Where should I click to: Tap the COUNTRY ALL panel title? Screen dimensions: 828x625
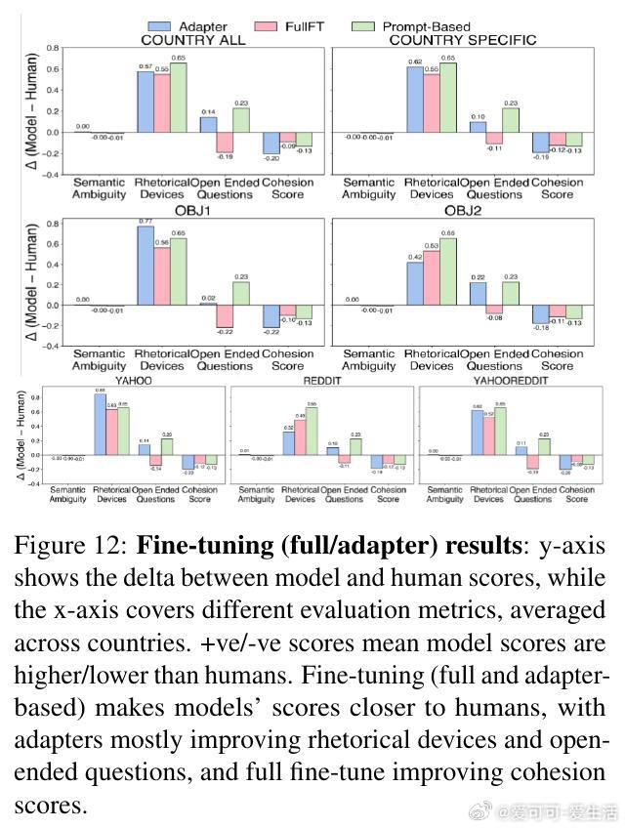point(193,40)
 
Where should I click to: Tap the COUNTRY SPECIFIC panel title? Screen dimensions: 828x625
point(462,40)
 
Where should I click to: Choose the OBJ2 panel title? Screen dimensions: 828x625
point(462,212)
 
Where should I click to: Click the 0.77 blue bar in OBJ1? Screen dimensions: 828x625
point(145,266)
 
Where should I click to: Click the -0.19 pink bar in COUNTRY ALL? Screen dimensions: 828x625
point(225,142)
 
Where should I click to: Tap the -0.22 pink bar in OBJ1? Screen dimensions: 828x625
point(225,315)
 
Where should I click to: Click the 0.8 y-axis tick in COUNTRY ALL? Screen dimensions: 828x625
point(52,48)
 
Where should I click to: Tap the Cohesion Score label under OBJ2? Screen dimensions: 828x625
point(558,359)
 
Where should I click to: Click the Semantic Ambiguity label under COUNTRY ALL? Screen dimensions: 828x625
point(100,187)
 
